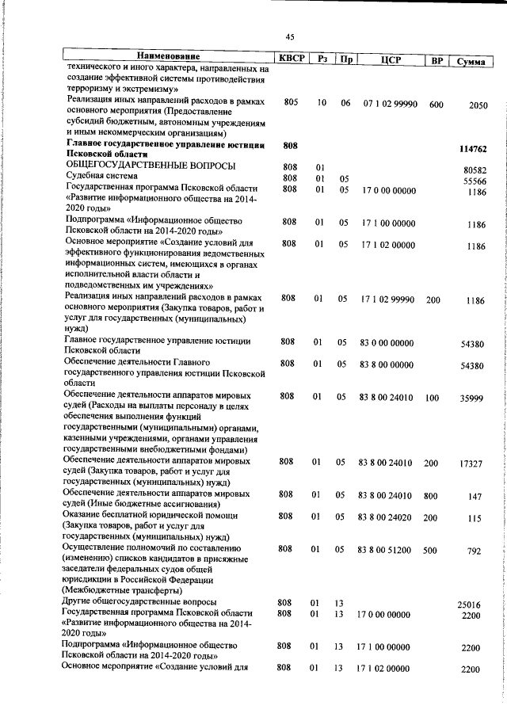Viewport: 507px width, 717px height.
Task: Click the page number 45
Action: tap(290, 36)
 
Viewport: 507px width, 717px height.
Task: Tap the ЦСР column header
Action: tap(389, 59)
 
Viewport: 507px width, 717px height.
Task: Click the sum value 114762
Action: tap(472, 149)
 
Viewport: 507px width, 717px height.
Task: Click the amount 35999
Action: tap(472, 399)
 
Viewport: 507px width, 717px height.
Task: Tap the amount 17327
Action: tap(472, 463)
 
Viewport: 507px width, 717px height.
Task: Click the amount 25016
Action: tap(472, 605)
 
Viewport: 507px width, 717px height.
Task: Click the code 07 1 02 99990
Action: tap(390, 104)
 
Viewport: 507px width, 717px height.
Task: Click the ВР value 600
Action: tap(436, 104)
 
